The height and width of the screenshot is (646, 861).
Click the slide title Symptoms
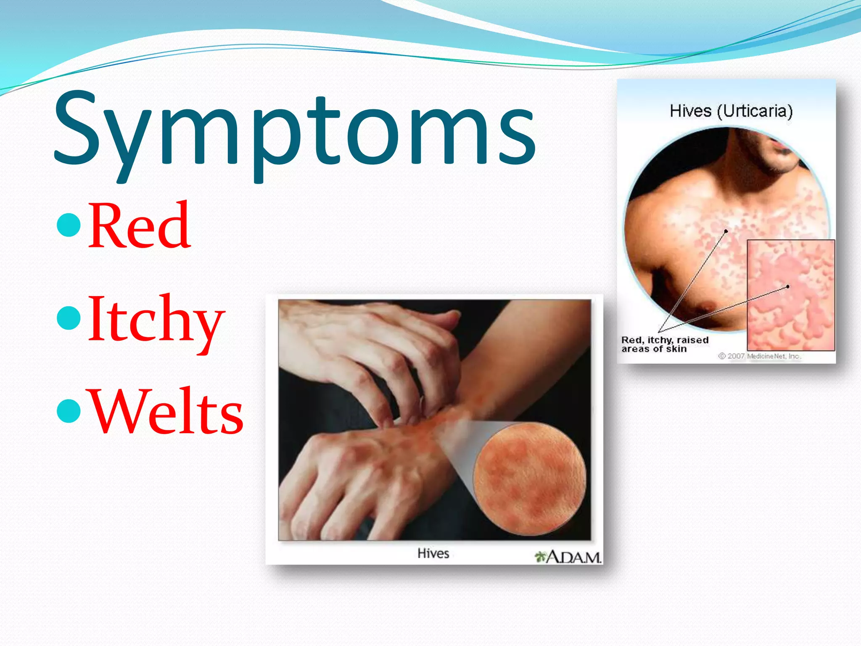pos(294,130)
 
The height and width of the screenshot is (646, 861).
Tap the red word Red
pos(140,226)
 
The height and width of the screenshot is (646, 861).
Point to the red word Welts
pos(166,412)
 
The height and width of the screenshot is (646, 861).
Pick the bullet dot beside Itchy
pos(68,318)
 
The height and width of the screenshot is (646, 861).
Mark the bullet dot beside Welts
pos(68,411)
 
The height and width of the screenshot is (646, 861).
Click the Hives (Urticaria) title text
pos(731,111)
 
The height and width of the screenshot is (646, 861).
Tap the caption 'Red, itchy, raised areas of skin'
pos(665,344)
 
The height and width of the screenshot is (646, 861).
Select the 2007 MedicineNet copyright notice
pos(759,356)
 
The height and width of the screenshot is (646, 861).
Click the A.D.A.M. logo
pos(568,557)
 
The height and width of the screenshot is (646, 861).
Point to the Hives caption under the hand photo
pos(433,553)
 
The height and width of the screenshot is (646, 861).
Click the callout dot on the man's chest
pos(726,231)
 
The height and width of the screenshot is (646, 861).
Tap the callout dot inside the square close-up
pos(787,286)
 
